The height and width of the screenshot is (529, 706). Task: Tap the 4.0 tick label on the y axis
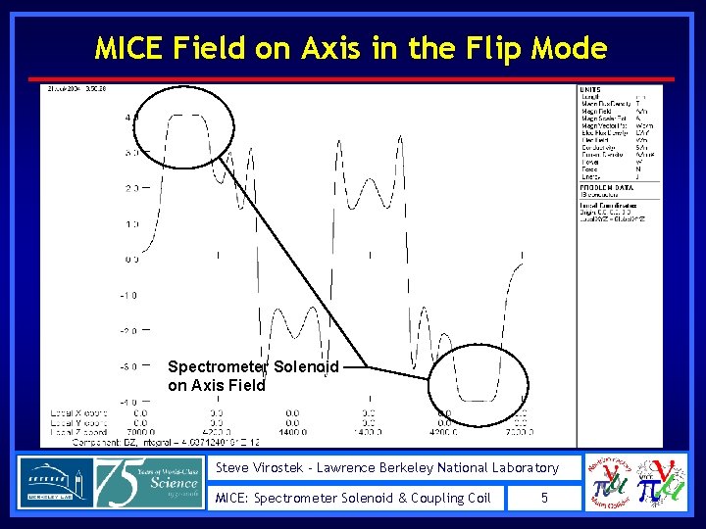coord(130,118)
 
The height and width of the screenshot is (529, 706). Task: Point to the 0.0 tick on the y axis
coord(130,260)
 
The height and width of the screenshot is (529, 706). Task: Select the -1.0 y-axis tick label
coord(128,295)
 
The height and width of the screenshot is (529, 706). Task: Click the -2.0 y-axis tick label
coord(128,331)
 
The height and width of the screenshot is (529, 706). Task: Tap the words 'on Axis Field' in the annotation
coord(216,385)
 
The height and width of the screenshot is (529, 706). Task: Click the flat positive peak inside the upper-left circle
coord(184,116)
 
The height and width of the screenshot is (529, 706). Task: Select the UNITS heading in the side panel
coord(592,89)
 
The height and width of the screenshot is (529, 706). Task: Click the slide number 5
coord(545,498)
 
